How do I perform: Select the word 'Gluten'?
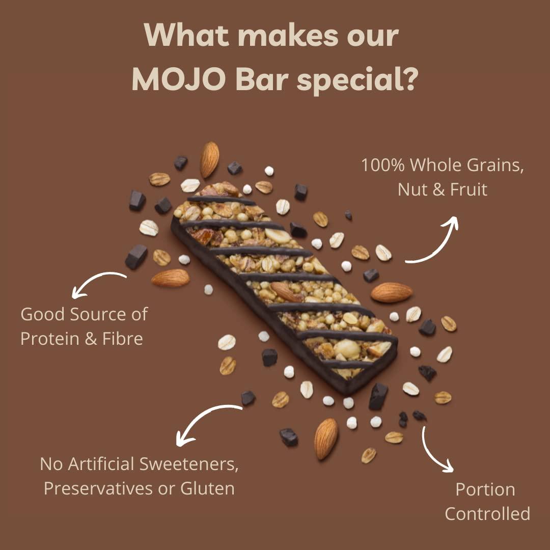pyautogui.click(x=207, y=488)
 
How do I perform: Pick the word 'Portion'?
pyautogui.click(x=485, y=489)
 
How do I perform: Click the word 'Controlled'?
pyautogui.click(x=487, y=513)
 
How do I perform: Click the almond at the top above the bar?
pyautogui.click(x=209, y=159)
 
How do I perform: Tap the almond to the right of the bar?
pyautogui.click(x=391, y=292)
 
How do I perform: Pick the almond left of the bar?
pyautogui.click(x=170, y=278)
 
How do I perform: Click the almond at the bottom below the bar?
pyautogui.click(x=326, y=438)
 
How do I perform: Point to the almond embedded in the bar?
pyautogui.click(x=286, y=291)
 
